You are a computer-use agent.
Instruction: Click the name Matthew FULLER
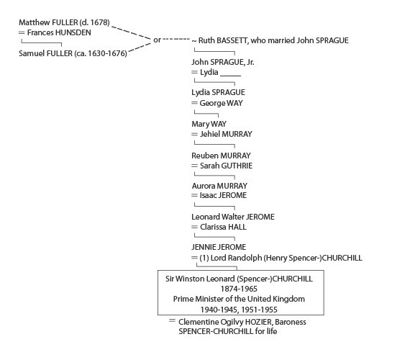click(48, 22)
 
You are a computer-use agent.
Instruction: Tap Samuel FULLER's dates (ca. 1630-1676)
click(101, 53)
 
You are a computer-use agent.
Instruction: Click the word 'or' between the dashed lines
click(157, 40)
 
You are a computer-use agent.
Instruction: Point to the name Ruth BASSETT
click(223, 40)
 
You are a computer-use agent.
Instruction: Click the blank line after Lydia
click(230, 76)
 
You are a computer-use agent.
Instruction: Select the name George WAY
click(222, 103)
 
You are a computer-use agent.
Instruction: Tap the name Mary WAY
click(209, 124)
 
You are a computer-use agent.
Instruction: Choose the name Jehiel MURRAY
click(226, 134)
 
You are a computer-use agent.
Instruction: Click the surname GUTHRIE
click(237, 166)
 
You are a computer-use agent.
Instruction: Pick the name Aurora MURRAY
click(219, 186)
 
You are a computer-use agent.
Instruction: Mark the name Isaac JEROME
click(223, 195)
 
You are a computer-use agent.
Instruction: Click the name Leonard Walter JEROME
click(233, 217)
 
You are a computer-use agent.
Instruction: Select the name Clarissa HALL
click(223, 227)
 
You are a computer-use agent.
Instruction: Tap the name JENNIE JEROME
click(219, 247)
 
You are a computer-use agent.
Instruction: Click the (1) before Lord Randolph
click(204, 258)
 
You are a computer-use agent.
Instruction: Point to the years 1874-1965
click(239, 289)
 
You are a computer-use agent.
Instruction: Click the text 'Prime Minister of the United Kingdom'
click(239, 299)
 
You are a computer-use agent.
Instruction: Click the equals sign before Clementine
click(172, 320)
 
